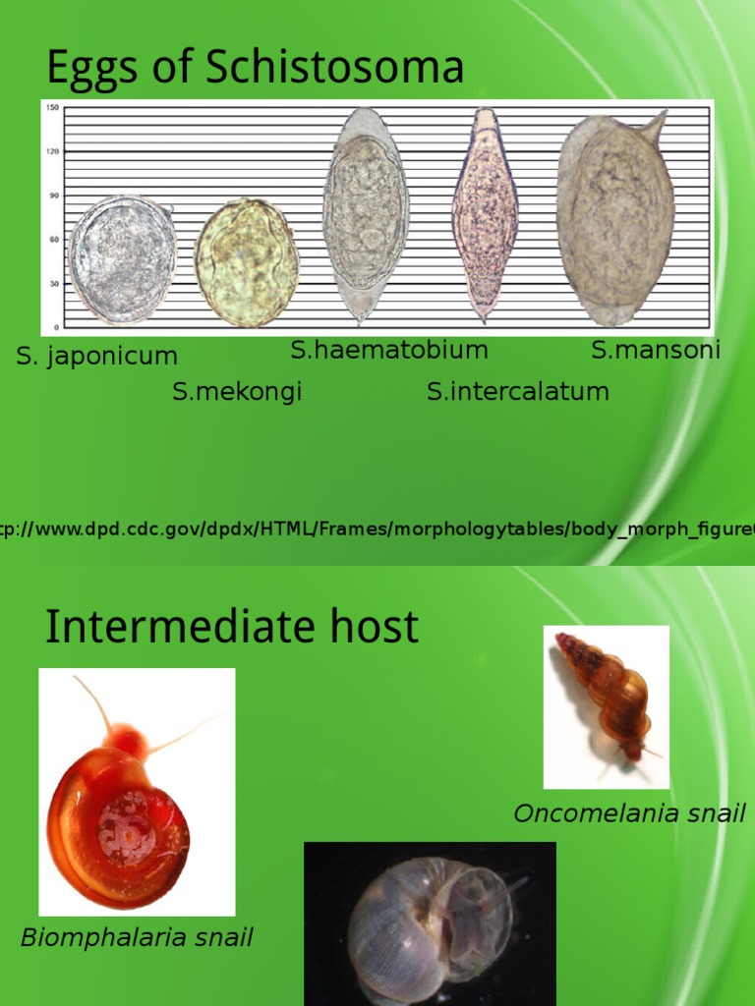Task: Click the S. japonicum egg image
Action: (x=122, y=259)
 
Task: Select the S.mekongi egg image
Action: (x=246, y=262)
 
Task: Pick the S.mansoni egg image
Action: (x=614, y=221)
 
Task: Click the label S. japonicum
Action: (x=96, y=356)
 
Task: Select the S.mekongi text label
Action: (x=237, y=392)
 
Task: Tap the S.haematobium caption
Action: (x=388, y=350)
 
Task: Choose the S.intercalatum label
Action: (x=517, y=392)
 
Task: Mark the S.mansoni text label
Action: (x=655, y=350)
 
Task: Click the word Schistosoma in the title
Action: (x=334, y=68)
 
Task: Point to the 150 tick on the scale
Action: (x=52, y=106)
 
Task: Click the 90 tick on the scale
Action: (x=54, y=195)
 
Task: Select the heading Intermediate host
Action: (x=232, y=627)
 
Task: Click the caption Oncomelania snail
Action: (x=629, y=813)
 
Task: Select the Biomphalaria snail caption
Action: (x=137, y=937)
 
